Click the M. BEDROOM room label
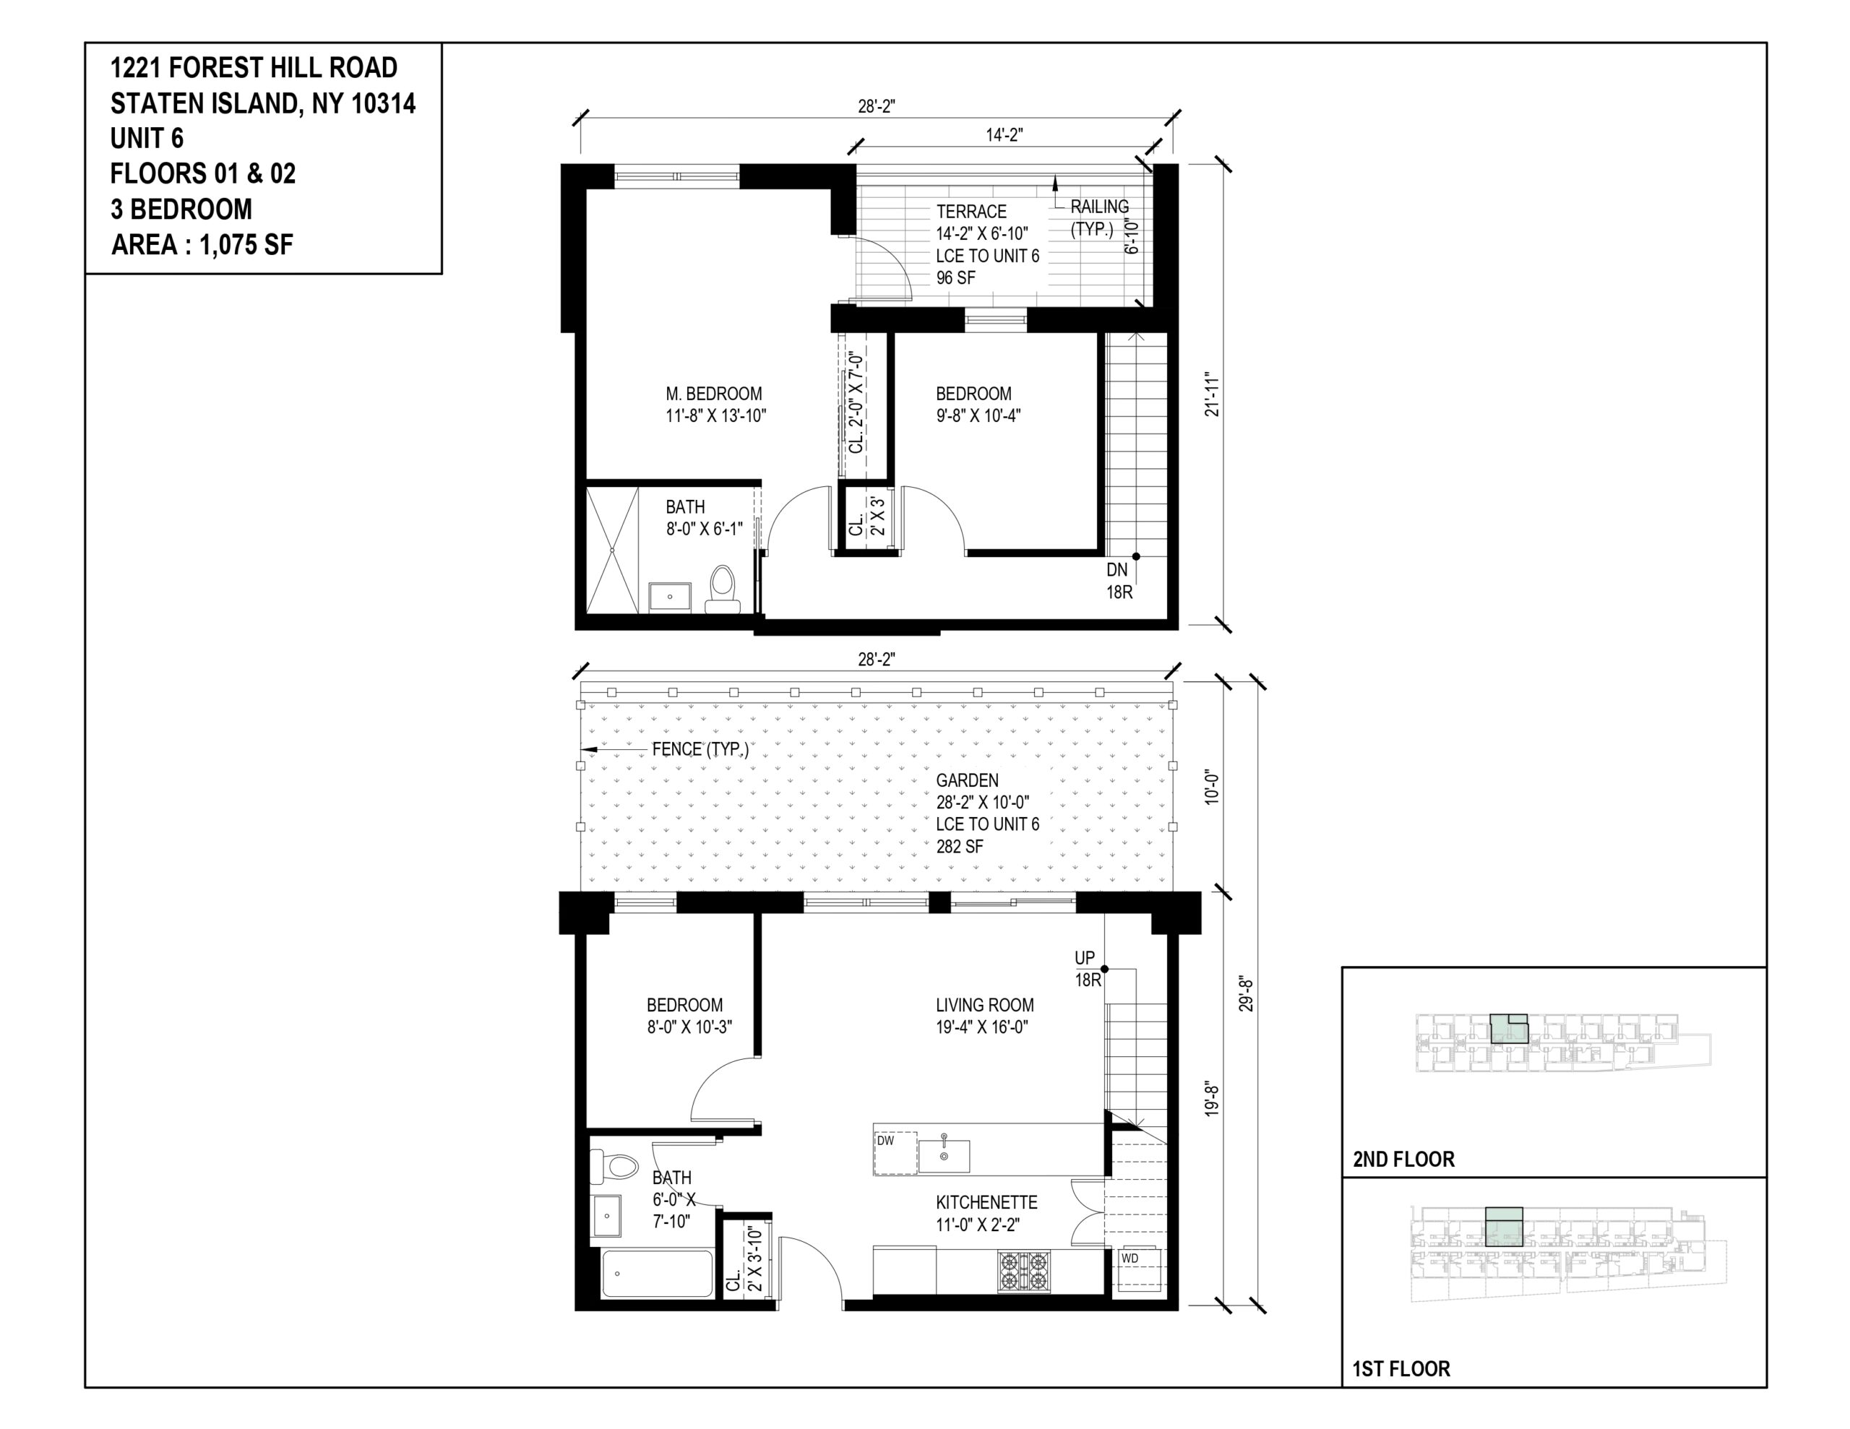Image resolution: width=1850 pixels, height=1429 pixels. click(714, 394)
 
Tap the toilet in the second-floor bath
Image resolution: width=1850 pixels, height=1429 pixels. click(722, 589)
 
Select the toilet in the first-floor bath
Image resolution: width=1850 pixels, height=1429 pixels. click(614, 1167)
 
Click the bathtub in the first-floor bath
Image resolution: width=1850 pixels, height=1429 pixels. click(658, 1273)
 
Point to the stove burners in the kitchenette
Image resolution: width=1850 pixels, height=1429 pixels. click(1024, 1271)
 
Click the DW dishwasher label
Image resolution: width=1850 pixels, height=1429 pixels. click(885, 1141)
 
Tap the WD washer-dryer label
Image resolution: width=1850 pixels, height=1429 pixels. click(1130, 1258)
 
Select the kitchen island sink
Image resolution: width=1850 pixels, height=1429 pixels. click(944, 1154)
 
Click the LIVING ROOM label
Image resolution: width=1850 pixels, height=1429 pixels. click(984, 1006)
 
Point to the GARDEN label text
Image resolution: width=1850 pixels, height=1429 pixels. click(966, 780)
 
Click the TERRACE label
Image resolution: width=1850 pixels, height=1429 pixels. click(971, 212)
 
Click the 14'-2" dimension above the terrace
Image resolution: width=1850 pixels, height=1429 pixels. click(1004, 134)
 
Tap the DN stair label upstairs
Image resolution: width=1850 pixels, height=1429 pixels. click(1117, 570)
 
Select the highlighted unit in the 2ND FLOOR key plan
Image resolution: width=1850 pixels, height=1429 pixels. click(1509, 1027)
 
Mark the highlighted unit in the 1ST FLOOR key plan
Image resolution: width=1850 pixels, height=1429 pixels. click(1505, 1226)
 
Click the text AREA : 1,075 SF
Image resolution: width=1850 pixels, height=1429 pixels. click(202, 246)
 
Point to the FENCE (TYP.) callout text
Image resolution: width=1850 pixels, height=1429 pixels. click(700, 750)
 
